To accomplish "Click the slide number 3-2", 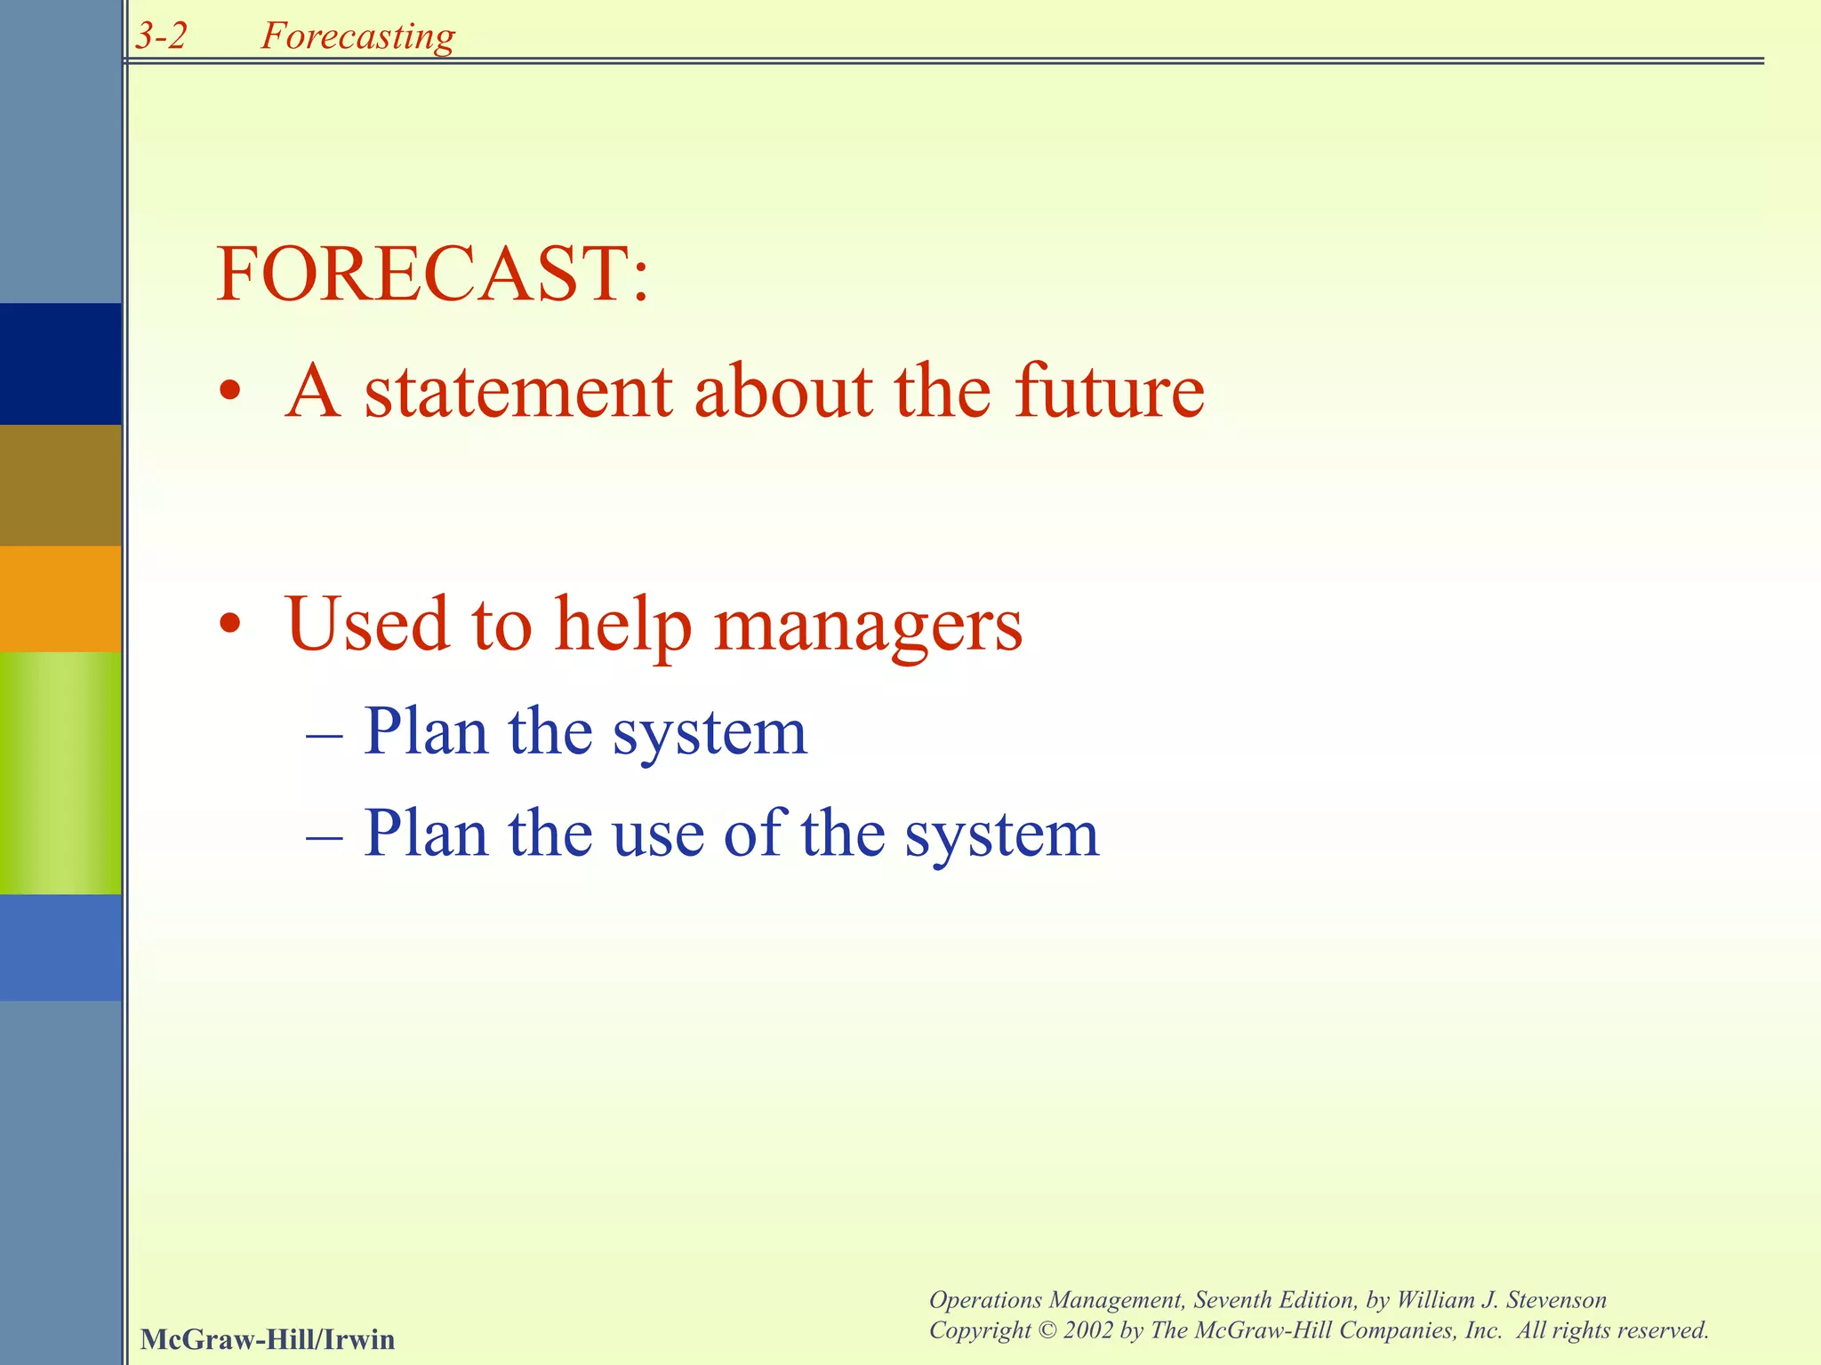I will point(161,36).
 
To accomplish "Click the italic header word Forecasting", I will point(357,36).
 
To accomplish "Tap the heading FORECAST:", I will point(433,274).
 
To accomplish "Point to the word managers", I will point(869,626).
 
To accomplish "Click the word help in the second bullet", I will point(623,626).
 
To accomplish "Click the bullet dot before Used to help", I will point(230,625).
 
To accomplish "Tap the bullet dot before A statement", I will point(230,391).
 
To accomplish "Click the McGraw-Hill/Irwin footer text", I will point(267,1339).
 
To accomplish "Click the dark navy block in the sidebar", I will point(60,363).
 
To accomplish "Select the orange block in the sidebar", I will point(60,598).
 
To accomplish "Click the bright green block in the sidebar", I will point(60,772).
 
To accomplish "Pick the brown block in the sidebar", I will point(60,484).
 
